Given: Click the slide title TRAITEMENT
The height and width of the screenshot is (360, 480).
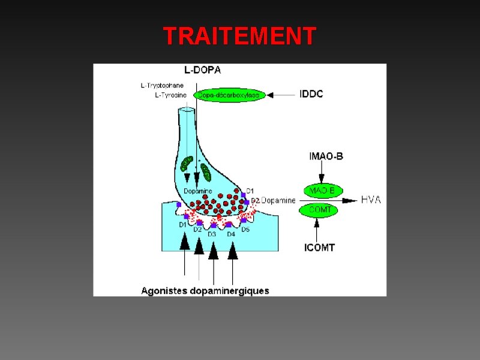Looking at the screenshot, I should coord(239,37).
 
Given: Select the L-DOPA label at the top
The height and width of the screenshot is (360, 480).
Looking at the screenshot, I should coord(202,70).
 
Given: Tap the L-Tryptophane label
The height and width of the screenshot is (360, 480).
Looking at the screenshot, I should coord(162,86).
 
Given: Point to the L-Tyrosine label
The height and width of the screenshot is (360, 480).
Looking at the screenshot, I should coord(170,95).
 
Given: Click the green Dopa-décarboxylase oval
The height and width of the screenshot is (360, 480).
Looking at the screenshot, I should coord(229,95).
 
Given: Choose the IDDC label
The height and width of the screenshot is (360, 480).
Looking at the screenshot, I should coord(311,94).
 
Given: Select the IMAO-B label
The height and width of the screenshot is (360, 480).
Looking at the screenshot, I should coord(326,157).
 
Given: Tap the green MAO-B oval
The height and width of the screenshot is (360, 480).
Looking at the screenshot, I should coord(322,191).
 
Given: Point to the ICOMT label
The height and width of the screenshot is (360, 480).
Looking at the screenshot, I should coord(320,247).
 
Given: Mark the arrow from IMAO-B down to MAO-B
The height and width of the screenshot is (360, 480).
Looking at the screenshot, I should coord(322,173).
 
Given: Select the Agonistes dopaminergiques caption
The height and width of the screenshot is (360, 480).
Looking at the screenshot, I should coord(205,291).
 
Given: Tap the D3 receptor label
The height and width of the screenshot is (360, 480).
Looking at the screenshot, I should coord(212,234).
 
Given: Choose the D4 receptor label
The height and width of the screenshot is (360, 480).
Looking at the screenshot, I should coord(231,234).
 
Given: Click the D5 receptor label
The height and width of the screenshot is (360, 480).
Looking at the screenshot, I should coord(245,229).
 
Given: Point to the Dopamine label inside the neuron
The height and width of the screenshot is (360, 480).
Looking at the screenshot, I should coord(197,191).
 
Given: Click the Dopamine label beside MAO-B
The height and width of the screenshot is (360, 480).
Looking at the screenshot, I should coord(278,200).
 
